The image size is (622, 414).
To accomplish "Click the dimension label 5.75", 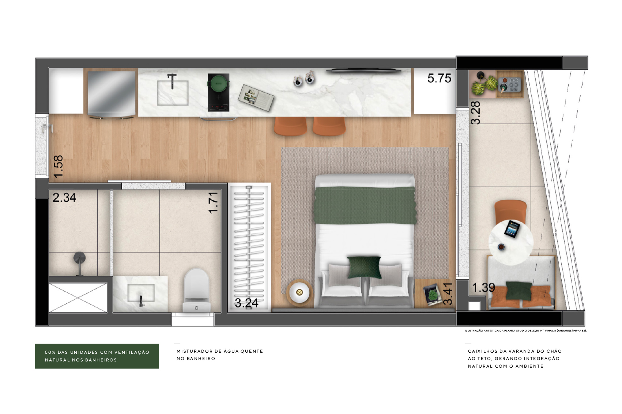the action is click(439, 78).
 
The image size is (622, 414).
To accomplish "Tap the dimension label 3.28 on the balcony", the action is click(475, 112).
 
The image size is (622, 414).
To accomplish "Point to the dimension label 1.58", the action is click(58, 166).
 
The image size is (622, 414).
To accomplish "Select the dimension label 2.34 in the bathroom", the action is click(64, 198).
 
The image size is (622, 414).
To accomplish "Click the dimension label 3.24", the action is click(246, 303).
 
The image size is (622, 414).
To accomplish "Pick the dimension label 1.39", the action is click(483, 288).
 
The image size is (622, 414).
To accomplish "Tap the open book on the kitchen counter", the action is click(256, 97).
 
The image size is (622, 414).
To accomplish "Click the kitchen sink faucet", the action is click(172, 81).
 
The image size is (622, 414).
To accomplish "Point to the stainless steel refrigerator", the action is click(112, 94).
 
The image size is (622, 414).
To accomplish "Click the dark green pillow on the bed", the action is click(364, 267).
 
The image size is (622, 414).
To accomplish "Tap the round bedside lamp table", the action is click(299, 292).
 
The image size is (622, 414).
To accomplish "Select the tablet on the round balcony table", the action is click(512, 229).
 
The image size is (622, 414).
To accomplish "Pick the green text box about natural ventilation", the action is click(97, 356).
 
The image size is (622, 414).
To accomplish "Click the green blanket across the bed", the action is click(365, 205).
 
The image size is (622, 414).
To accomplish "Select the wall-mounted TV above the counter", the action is click(364, 71).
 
